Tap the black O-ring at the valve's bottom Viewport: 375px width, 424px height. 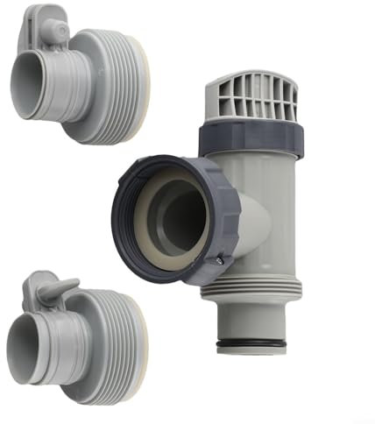coord(254,344)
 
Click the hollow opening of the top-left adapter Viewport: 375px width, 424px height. coord(25,88)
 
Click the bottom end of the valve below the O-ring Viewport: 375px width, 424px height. coord(254,353)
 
